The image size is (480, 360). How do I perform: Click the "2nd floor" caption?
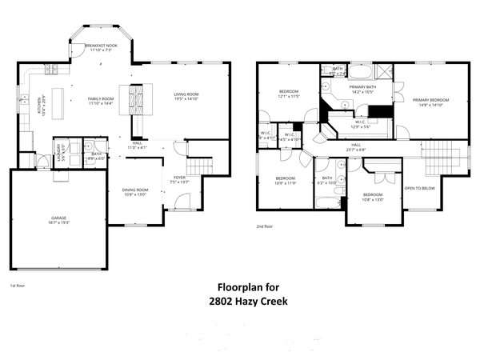click(x=265, y=227)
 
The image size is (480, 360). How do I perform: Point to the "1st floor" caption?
click(x=18, y=285)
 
